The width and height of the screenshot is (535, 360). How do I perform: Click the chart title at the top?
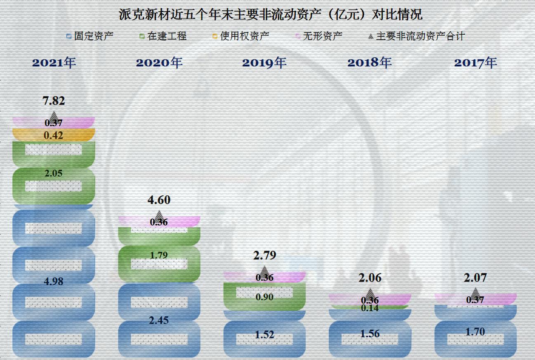[270, 15]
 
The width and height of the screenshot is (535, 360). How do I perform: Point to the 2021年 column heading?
[54, 63]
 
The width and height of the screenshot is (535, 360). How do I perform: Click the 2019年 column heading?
[264, 63]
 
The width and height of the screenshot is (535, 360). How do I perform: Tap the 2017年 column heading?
[476, 63]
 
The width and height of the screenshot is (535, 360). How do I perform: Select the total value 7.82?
[54, 101]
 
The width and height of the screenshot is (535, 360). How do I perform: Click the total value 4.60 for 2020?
[159, 200]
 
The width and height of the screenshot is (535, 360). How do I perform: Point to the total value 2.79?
[264, 255]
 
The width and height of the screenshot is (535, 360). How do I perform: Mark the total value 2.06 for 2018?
[370, 278]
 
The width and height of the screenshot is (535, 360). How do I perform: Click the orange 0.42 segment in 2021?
[54, 135]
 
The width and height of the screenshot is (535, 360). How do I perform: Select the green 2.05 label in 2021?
[54, 174]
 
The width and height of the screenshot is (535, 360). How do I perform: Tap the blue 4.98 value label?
[54, 282]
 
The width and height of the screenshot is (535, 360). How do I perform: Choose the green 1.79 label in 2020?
[159, 255]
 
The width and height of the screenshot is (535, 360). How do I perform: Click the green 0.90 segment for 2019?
[264, 297]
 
